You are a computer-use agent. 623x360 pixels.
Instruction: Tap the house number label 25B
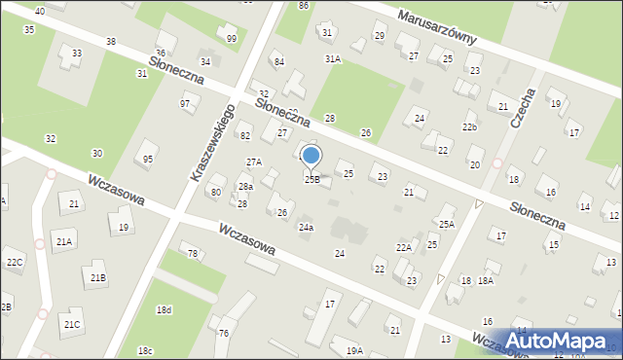pos(311,179)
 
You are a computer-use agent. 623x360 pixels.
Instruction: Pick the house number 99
pos(231,39)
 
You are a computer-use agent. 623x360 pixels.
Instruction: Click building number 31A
pos(333,58)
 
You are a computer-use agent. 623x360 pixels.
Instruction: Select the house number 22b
pos(469,127)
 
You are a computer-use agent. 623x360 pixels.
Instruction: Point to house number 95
pos(148,159)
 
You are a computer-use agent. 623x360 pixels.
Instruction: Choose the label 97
pos(185,103)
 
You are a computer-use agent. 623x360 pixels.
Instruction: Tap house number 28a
pos(246,186)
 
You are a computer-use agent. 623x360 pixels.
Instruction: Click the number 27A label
pos(253,162)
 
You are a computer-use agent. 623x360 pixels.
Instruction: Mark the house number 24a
pos(306,227)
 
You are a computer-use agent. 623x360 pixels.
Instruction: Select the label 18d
pos(164,309)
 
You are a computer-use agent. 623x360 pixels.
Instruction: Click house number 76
pos(223,334)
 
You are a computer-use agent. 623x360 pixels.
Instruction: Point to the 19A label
pos(354,349)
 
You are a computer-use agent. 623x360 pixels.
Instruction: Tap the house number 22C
pos(14,263)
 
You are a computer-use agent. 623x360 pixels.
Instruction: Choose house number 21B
pos(98,277)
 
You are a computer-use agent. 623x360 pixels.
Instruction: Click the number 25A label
pos(446,224)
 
